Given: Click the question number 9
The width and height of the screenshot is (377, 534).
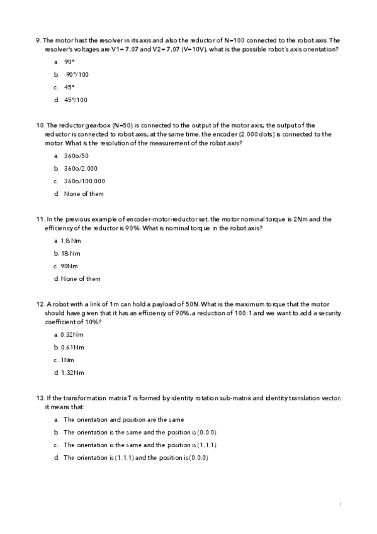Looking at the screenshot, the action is click(x=38, y=40).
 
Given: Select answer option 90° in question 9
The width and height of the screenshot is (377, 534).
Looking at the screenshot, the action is click(x=69, y=62).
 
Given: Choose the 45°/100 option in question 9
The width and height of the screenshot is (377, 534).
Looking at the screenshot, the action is click(x=76, y=99).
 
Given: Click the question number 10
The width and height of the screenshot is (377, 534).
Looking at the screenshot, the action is click(x=40, y=125).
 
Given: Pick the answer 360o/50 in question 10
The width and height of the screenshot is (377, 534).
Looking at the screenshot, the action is click(x=76, y=156).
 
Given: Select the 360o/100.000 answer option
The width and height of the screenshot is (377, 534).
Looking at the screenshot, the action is click(x=84, y=181).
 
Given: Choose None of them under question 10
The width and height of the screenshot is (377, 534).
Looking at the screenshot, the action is click(x=84, y=194).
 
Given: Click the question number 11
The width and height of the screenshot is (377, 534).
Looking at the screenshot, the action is click(x=40, y=219).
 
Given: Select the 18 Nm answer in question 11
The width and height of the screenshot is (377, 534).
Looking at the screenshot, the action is click(x=70, y=253).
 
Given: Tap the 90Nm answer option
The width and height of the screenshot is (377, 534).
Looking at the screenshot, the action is click(x=69, y=266).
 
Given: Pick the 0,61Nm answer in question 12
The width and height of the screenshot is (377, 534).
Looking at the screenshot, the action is click(x=72, y=347).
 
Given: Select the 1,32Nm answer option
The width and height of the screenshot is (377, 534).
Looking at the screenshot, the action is click(x=72, y=372).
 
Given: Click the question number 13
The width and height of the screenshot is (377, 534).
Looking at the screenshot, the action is click(x=40, y=398).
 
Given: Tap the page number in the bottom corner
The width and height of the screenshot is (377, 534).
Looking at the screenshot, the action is click(x=340, y=504).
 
